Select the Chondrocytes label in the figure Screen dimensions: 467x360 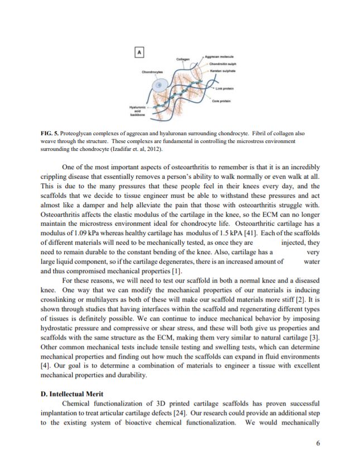152,72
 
